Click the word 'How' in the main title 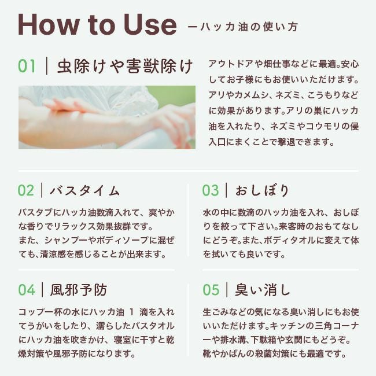(x=49, y=25)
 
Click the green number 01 (x=27, y=66)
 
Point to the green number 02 (x=26, y=191)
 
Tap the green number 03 (x=211, y=191)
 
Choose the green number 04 (x=27, y=290)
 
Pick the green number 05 (x=211, y=290)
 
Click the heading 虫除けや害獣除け (x=125, y=66)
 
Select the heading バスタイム (x=85, y=191)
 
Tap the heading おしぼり (x=261, y=191)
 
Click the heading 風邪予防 (x=79, y=290)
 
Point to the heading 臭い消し (x=263, y=290)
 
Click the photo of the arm (x=107, y=117)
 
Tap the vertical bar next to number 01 (x=46, y=66)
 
